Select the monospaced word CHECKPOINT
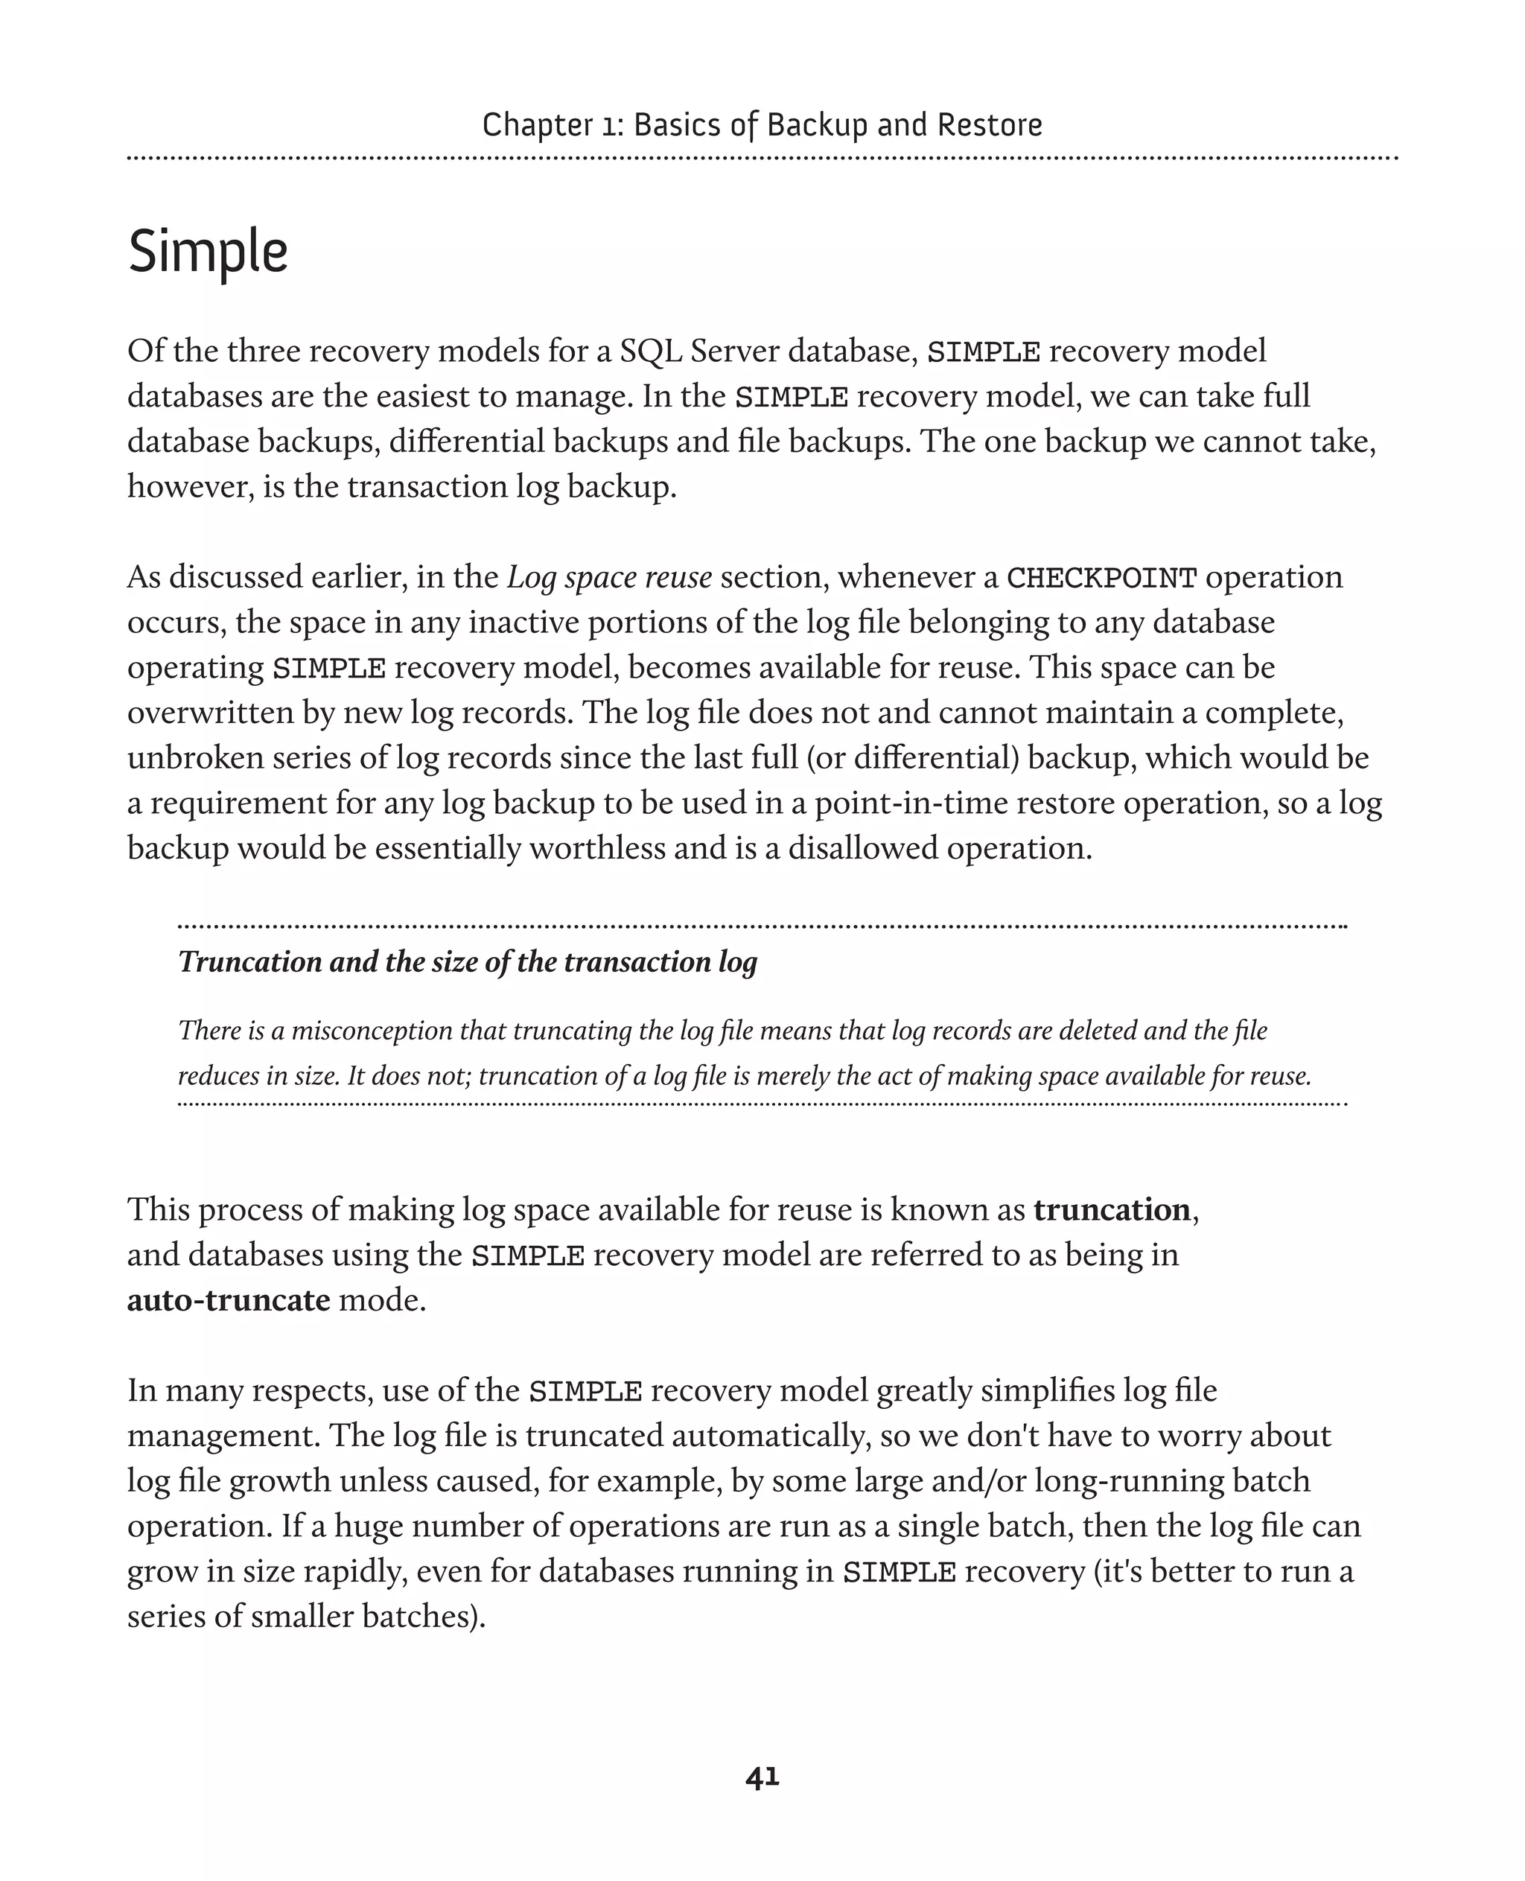[1101, 578]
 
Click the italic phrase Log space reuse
[609, 577]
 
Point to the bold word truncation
[1111, 1210]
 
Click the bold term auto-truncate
[229, 1299]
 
